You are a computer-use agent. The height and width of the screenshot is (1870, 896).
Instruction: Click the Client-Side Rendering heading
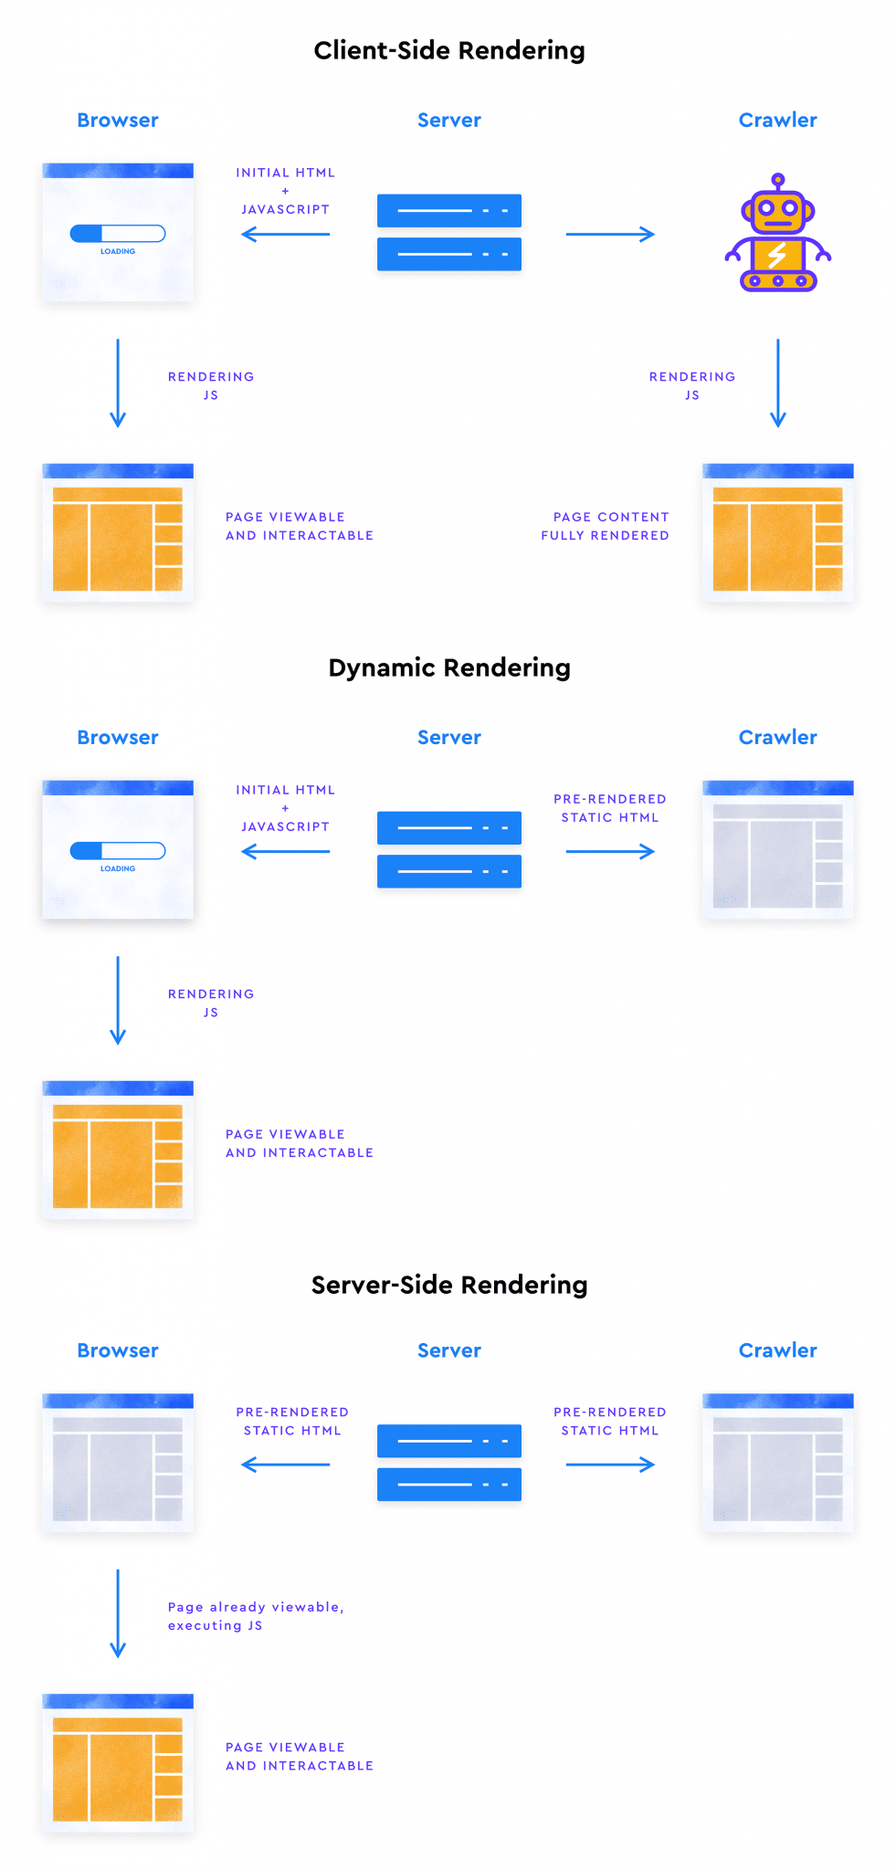coord(448,50)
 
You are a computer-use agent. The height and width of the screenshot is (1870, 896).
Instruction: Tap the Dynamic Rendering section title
coord(448,667)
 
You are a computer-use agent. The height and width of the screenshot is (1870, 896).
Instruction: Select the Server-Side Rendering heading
coord(448,1285)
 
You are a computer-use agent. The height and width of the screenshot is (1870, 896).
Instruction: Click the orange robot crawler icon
coord(777,239)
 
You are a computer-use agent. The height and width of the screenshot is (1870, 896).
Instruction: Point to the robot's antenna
coord(777,179)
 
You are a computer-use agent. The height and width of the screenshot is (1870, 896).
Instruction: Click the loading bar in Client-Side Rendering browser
coord(118,234)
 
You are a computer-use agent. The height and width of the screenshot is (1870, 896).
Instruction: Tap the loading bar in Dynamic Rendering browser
coord(118,851)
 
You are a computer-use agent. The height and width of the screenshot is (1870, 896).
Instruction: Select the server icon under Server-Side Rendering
coord(448,1462)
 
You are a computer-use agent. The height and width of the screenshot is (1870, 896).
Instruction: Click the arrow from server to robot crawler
coord(610,235)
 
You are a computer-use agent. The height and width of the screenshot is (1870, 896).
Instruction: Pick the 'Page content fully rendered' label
coord(606,526)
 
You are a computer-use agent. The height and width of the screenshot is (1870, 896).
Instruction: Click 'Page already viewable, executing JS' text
coord(256,1615)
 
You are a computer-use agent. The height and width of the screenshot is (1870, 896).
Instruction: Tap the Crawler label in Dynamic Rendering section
coord(777,737)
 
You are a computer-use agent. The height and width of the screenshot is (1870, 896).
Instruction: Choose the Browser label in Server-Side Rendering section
coord(118,1350)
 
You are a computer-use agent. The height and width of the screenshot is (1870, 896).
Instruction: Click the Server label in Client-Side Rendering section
coord(448,120)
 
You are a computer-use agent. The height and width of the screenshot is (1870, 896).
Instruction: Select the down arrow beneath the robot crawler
coord(777,383)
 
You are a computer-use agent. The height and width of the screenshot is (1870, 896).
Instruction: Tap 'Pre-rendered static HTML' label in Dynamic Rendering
coord(610,808)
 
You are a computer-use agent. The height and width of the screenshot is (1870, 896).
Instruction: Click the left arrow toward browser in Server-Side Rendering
coord(285,1465)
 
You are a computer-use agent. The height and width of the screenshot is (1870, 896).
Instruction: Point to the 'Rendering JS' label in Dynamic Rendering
coord(211,1003)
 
